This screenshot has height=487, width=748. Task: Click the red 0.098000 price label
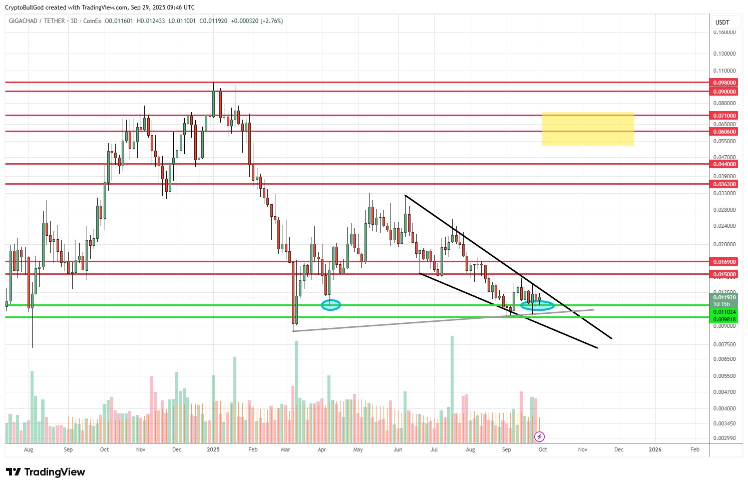point(724,83)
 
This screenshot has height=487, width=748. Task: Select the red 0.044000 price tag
point(724,164)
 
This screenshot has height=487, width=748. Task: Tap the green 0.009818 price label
point(724,319)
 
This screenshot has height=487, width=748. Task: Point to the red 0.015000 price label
point(724,274)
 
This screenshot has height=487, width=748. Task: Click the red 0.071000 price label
point(724,116)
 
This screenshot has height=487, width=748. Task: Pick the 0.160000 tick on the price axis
point(724,33)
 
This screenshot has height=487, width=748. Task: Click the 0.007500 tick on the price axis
point(724,344)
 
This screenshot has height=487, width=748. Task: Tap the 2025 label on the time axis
point(213,449)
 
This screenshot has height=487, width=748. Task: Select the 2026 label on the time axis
point(655,449)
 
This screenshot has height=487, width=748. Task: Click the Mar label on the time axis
point(285,449)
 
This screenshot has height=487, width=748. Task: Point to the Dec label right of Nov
point(619,449)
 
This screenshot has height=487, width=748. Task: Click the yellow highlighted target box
point(588,129)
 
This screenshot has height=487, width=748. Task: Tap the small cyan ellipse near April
point(330,305)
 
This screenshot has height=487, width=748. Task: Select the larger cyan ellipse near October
point(537,305)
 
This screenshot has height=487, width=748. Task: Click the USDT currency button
point(722,23)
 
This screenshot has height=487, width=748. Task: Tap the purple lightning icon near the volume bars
point(540,436)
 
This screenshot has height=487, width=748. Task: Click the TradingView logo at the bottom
point(46,472)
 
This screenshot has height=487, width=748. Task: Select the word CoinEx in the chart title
point(92,21)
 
